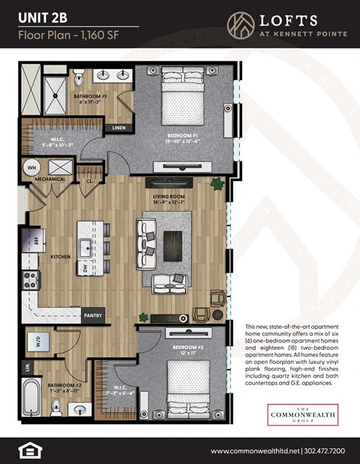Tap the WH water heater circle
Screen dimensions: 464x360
pos(32,167)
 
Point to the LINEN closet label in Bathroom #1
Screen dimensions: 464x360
pos(118,128)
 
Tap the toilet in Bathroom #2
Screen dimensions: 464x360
pos(56,408)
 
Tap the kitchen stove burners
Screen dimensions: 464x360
pos(31,280)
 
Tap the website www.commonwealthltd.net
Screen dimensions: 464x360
pos(255,450)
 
